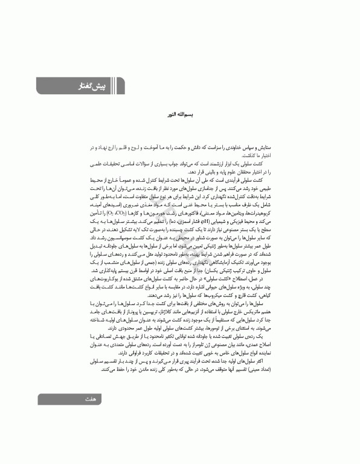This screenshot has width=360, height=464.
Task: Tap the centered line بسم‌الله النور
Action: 179,113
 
